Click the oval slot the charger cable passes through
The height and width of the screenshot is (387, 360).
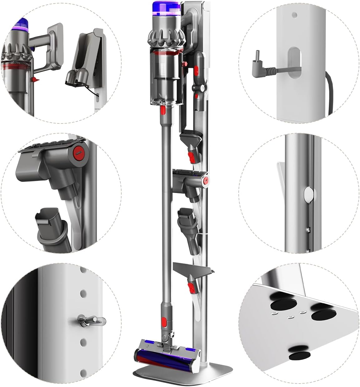point(293,62)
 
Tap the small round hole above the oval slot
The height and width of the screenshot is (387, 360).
point(294,14)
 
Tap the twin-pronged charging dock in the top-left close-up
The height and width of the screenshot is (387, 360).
point(78,76)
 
